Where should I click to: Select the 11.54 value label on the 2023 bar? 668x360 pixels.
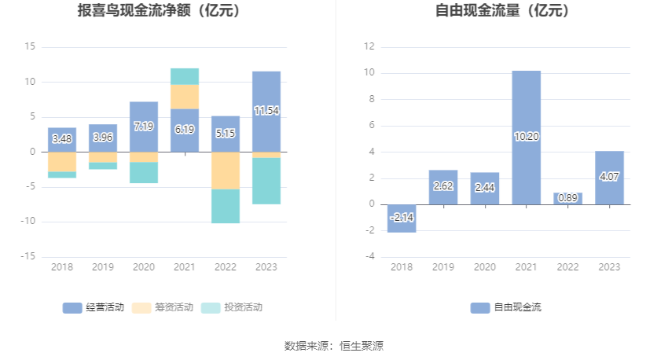coord(266,111)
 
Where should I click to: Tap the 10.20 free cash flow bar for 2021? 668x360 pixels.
coord(527,138)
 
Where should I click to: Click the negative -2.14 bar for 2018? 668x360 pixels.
coord(402,218)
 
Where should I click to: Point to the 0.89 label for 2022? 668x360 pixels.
coord(567,198)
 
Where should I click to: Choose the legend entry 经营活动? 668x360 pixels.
coord(94,307)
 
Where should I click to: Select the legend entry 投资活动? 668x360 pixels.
coord(232,307)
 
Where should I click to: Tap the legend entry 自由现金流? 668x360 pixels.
coord(507,307)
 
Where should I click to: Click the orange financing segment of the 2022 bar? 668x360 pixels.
coord(226,171)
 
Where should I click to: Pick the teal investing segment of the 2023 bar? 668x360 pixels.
coord(266,181)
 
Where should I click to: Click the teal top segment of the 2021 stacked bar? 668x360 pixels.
coord(185,76)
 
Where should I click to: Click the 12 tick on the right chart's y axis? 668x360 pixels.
coord(369,47)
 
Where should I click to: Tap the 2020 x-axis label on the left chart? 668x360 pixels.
coord(144,267)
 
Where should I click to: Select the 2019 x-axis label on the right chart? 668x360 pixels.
coord(443,267)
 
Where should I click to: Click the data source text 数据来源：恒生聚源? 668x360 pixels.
coord(334,346)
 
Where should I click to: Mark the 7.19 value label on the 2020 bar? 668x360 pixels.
coord(144,127)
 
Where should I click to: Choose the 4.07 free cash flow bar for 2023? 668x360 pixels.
coord(609,178)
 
